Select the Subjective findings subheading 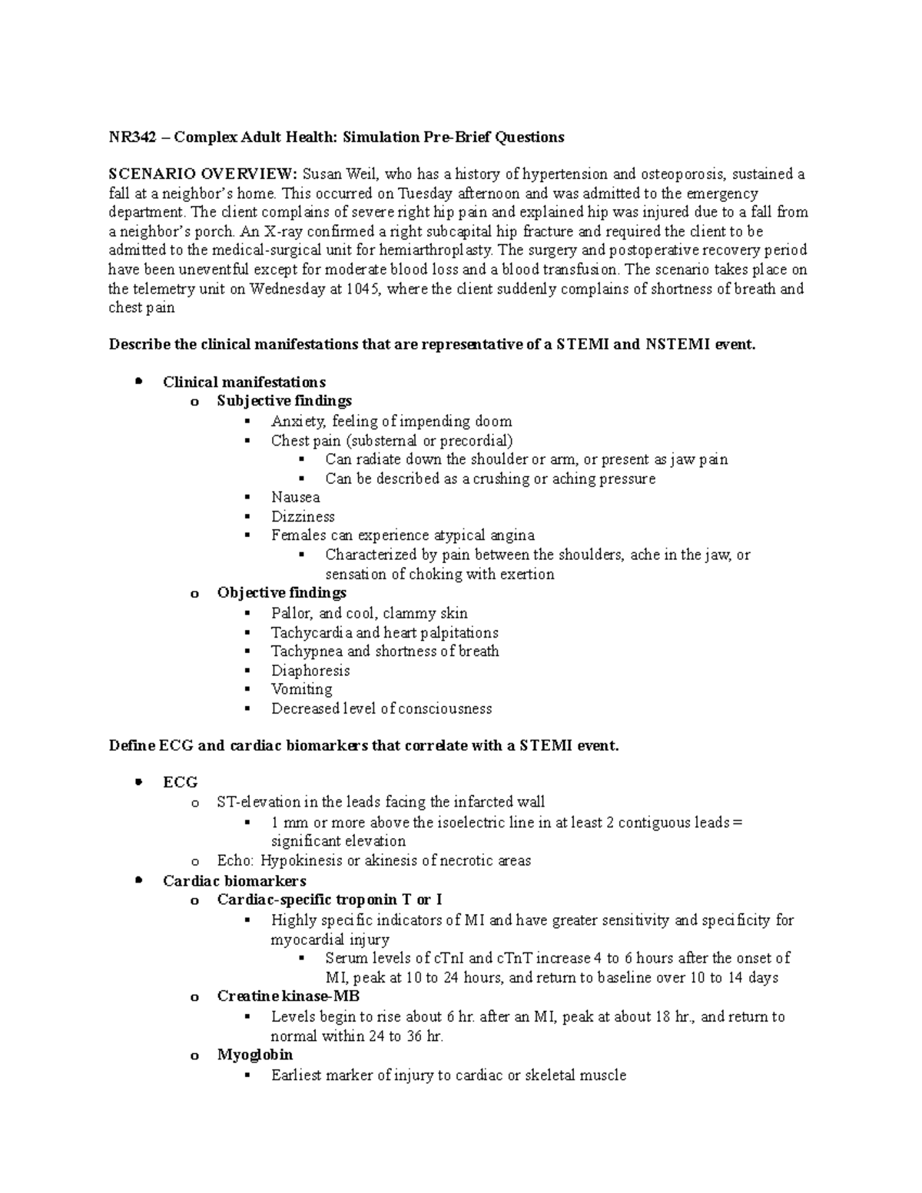pyautogui.click(x=284, y=401)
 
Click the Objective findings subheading pyautogui.click(x=281, y=593)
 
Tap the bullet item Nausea pyautogui.click(x=295, y=497)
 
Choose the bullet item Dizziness pyautogui.click(x=303, y=516)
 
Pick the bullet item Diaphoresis pyautogui.click(x=310, y=671)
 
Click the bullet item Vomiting pyautogui.click(x=301, y=689)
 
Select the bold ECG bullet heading pyautogui.click(x=180, y=782)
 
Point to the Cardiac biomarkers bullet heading pyautogui.click(x=234, y=881)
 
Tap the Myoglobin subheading pyautogui.click(x=254, y=1055)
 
